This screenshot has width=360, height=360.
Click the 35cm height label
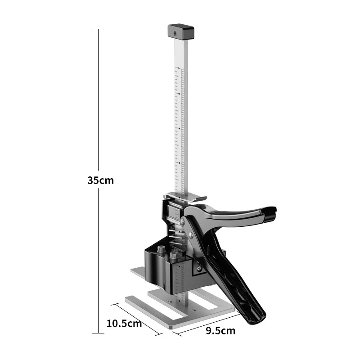click(x=100, y=180)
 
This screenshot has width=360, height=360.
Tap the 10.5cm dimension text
click(x=124, y=324)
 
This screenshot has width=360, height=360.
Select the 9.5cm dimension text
click(x=220, y=331)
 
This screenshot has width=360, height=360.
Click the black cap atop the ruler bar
click(x=181, y=31)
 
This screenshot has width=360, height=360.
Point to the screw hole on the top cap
click(x=175, y=34)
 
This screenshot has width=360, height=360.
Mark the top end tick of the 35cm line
click(x=98, y=29)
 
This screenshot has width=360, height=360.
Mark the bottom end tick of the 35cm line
click(x=98, y=333)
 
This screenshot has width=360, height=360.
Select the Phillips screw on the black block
click(x=199, y=268)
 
